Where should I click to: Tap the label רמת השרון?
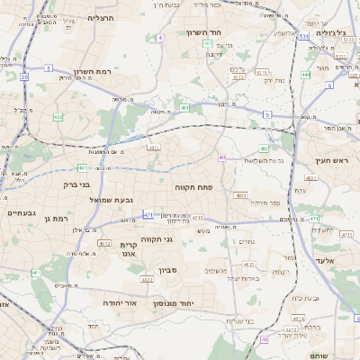coord(91,71)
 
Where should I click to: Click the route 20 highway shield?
coord(24,77)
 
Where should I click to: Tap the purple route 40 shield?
coord(221,157)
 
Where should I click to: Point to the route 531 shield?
coord(303,37)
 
